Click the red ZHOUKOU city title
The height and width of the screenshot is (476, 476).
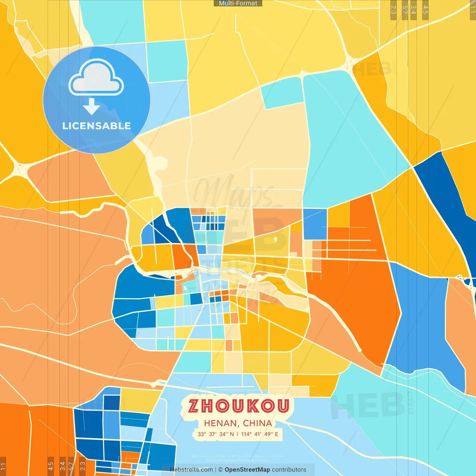click(238, 406)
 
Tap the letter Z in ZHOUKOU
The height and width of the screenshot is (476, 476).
click(194, 406)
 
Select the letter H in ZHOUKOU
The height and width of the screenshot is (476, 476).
click(208, 406)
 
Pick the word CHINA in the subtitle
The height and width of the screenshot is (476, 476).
click(257, 423)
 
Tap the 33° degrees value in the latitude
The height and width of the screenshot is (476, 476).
click(202, 434)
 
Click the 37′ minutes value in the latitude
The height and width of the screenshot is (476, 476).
click(213, 434)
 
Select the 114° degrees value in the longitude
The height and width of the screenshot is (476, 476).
click(246, 434)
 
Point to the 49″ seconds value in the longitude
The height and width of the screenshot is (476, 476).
click(269, 434)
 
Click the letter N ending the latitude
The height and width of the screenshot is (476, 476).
click(232, 434)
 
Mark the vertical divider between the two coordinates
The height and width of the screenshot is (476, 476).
click(238, 434)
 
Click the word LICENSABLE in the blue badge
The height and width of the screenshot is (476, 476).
click(97, 126)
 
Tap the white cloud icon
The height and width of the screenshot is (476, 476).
click(96, 78)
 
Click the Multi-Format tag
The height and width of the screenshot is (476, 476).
click(238, 3)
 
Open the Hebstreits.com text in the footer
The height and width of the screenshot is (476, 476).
click(191, 470)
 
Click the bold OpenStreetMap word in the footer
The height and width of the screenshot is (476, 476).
click(247, 470)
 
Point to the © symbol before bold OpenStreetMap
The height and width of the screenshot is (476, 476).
click(220, 470)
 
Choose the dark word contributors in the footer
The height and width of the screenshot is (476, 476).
click(289, 470)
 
